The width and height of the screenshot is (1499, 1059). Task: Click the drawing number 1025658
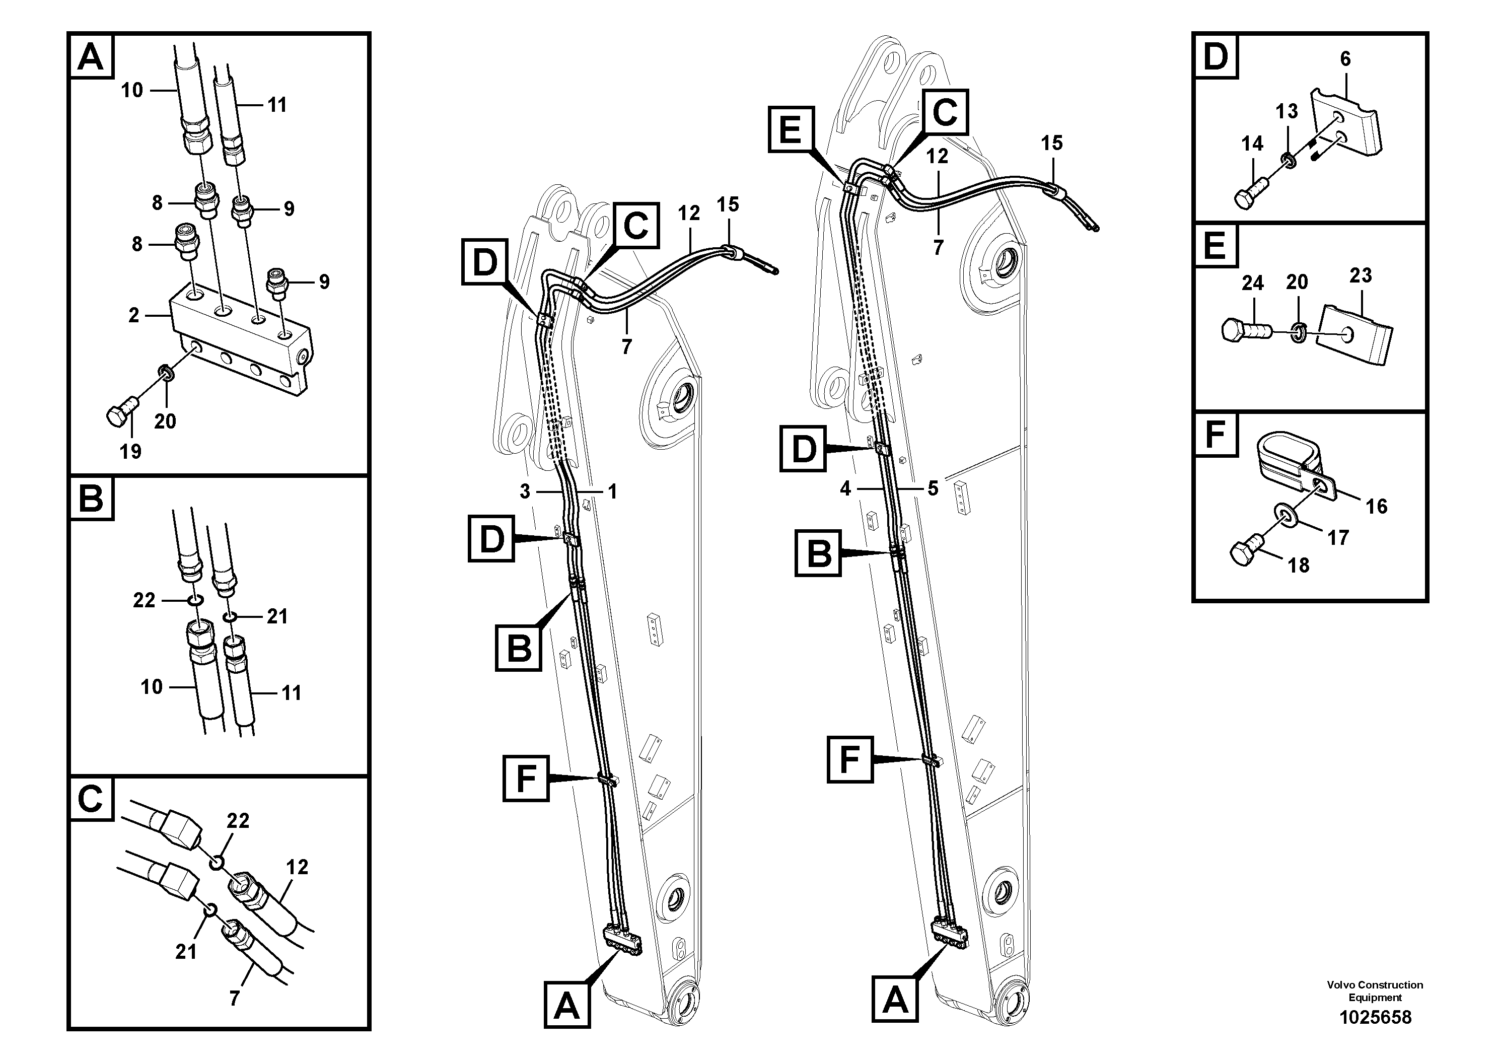(1375, 1017)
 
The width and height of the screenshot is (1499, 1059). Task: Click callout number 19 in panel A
(130, 451)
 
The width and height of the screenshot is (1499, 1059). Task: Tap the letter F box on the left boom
(525, 778)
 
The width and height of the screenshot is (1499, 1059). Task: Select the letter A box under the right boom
(895, 999)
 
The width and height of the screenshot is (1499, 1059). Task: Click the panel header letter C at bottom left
(91, 799)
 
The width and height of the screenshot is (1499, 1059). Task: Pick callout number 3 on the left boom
(525, 491)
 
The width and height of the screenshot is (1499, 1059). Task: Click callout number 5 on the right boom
(933, 488)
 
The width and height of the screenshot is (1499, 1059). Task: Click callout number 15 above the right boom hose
(1052, 143)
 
